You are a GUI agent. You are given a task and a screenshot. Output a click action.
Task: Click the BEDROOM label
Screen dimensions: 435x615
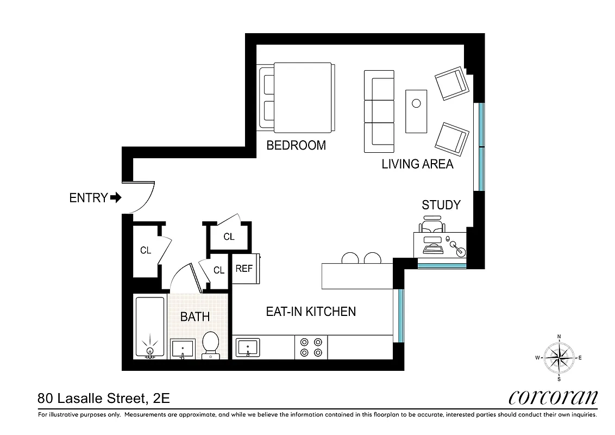pyautogui.click(x=296, y=145)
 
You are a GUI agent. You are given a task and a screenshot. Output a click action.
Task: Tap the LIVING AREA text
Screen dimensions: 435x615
pyautogui.click(x=417, y=164)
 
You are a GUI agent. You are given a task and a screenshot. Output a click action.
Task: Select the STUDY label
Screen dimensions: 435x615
pyautogui.click(x=441, y=205)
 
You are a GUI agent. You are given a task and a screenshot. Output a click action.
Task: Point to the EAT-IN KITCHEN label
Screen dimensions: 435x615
pyautogui.click(x=310, y=312)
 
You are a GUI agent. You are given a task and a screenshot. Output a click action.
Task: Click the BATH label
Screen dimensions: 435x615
pyautogui.click(x=194, y=316)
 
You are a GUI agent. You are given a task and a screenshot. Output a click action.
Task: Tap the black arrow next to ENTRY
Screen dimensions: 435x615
pyautogui.click(x=115, y=197)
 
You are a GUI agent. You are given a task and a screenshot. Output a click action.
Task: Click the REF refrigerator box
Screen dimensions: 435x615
pyautogui.click(x=244, y=269)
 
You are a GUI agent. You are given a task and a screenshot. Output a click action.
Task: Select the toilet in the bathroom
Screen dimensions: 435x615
pyautogui.click(x=210, y=345)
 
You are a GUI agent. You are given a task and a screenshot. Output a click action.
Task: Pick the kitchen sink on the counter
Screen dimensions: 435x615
pyautogui.click(x=248, y=346)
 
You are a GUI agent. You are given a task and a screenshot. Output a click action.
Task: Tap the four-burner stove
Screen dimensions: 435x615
pyautogui.click(x=311, y=347)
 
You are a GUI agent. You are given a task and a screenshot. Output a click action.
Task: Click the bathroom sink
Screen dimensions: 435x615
pyautogui.click(x=183, y=348)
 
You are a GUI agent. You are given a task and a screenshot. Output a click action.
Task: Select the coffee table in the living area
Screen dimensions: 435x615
pyautogui.click(x=416, y=111)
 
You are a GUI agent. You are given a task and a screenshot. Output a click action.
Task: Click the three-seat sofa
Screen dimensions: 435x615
pyautogui.click(x=379, y=111)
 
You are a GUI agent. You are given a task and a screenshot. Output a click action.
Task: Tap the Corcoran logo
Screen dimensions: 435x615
pyautogui.click(x=553, y=397)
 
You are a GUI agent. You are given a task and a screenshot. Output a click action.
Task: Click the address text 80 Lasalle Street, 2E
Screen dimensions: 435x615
pyautogui.click(x=103, y=399)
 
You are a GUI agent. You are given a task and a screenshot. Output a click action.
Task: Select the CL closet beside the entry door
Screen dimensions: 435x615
pyautogui.click(x=146, y=251)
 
